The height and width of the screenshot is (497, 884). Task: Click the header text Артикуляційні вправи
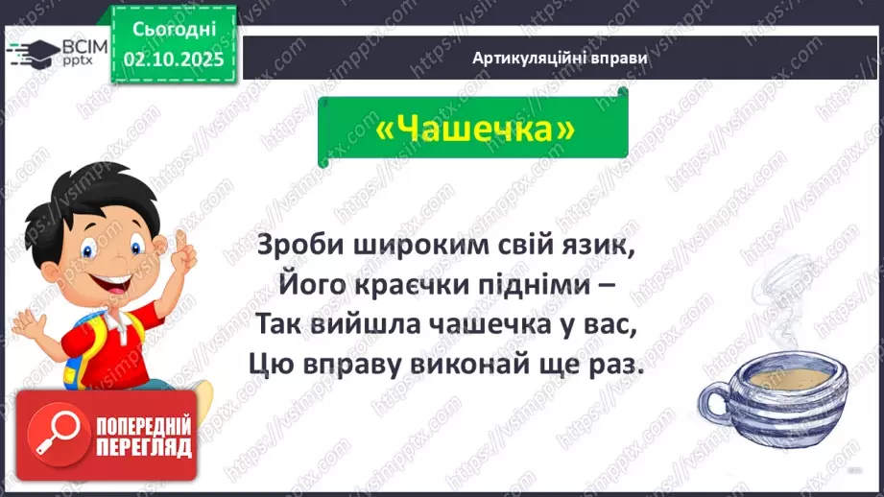(x=560, y=58)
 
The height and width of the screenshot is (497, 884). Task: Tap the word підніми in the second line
(x=532, y=286)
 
